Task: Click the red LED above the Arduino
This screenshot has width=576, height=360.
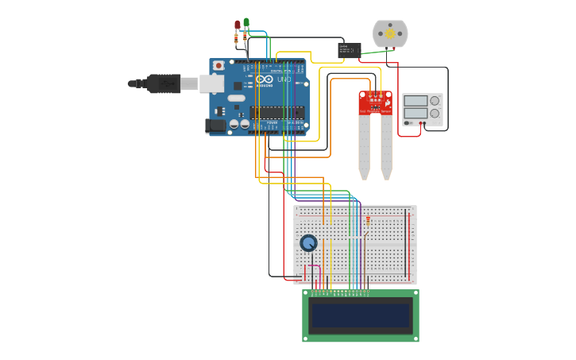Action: click(x=237, y=24)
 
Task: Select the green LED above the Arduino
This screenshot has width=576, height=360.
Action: click(x=246, y=22)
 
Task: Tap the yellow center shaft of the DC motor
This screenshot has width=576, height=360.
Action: click(x=390, y=33)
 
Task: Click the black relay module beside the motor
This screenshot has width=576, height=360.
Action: click(x=350, y=50)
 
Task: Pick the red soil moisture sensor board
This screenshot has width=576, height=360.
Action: click(x=376, y=103)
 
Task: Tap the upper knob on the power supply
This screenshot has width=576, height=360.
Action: click(x=435, y=101)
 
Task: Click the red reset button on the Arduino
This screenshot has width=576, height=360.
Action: click(x=218, y=65)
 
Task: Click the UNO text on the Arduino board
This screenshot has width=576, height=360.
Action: click(x=284, y=79)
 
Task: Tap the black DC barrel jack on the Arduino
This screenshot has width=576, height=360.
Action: click(x=215, y=125)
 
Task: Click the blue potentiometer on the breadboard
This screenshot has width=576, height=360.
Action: click(x=308, y=243)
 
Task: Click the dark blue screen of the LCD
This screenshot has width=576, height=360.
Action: click(x=361, y=315)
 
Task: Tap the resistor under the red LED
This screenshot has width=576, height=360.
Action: click(x=237, y=37)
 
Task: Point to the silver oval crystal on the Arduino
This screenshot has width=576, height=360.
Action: click(x=237, y=99)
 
